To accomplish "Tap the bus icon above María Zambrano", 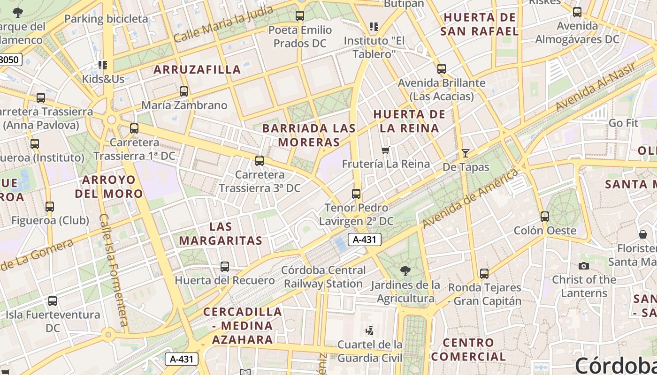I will pyautogui.click(x=184, y=91).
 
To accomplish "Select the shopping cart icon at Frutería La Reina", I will pyautogui.click(x=386, y=150).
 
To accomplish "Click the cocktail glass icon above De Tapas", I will pyautogui.click(x=466, y=153).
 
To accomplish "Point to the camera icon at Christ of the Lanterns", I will pyautogui.click(x=584, y=266).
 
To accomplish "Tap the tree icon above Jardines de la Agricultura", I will pyautogui.click(x=405, y=270).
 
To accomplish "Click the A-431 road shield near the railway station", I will pyautogui.click(x=365, y=240).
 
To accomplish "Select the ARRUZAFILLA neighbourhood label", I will pyautogui.click(x=197, y=70).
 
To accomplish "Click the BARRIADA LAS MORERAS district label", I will pyautogui.click(x=309, y=135).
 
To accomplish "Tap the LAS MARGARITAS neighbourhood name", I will pyautogui.click(x=221, y=233).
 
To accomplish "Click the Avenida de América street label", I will pyautogui.click(x=471, y=198).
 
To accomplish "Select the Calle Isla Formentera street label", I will pyautogui.click(x=114, y=270).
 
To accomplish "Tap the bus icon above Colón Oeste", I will pyautogui.click(x=544, y=217).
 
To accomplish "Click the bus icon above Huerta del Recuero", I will pyautogui.click(x=225, y=267).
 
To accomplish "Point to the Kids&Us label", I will pyautogui.click(x=103, y=79).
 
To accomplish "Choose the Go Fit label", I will pyautogui.click(x=623, y=123).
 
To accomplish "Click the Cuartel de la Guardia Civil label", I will pyautogui.click(x=370, y=351).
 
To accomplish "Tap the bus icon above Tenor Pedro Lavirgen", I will pyautogui.click(x=356, y=194).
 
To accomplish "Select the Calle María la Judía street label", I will pyautogui.click(x=223, y=23).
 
